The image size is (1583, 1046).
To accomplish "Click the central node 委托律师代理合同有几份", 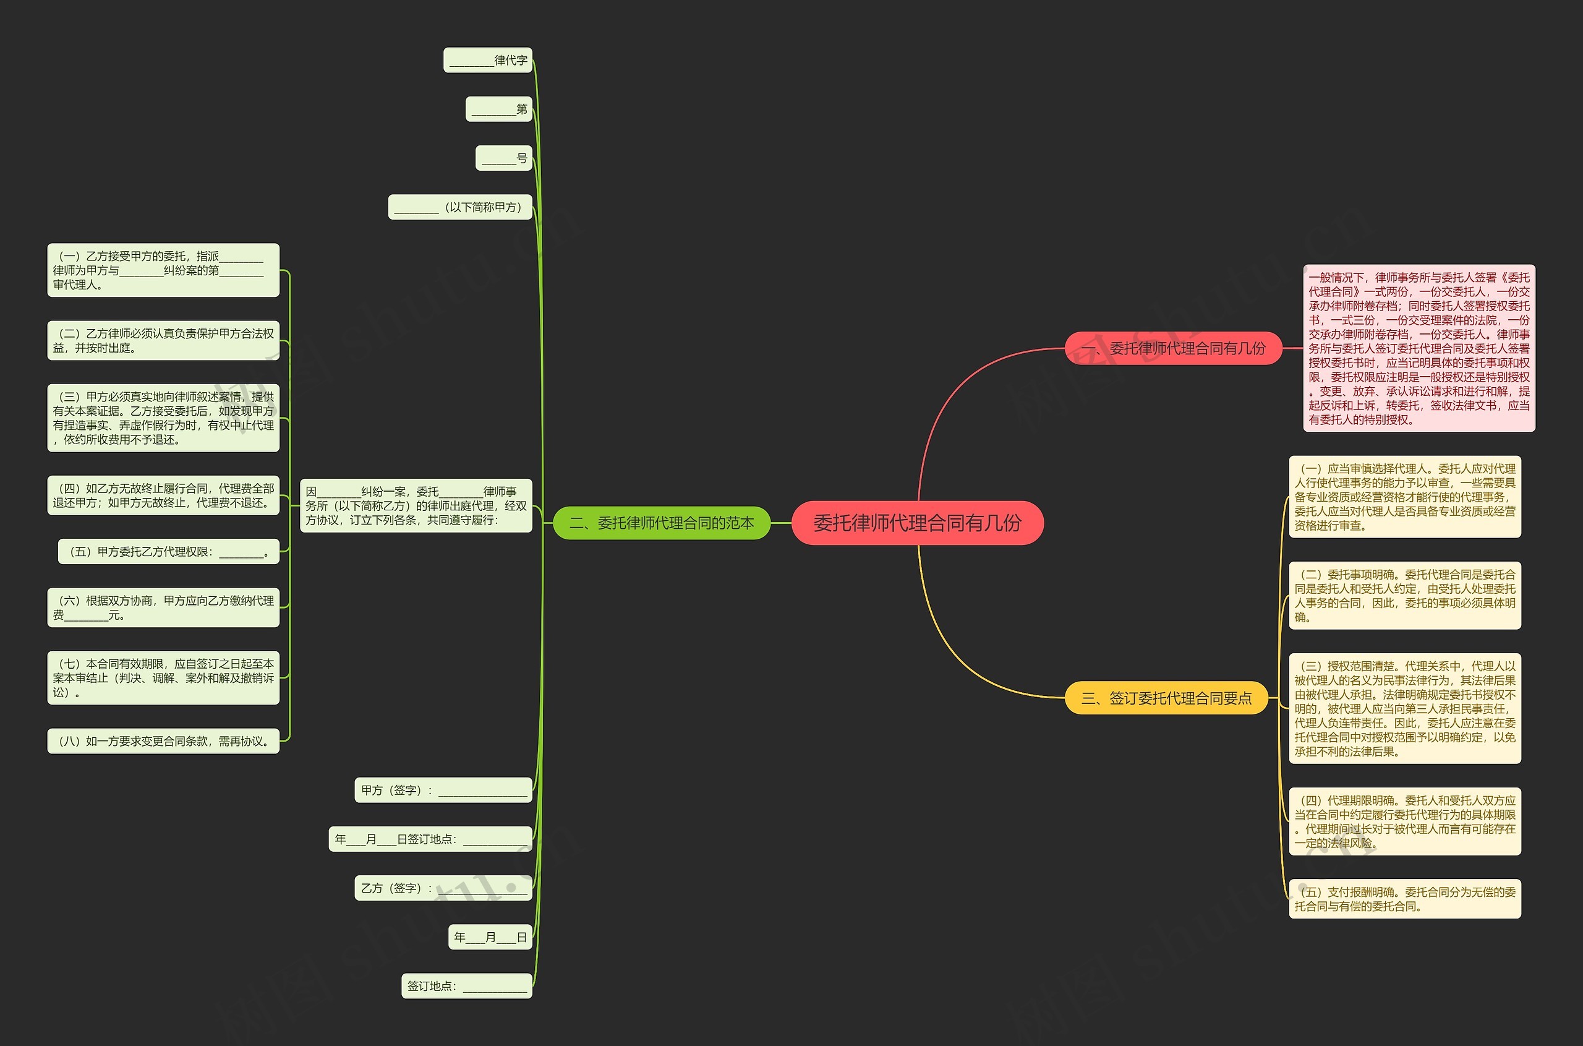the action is pos(917,523).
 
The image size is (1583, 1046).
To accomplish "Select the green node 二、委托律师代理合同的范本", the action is pos(662,523).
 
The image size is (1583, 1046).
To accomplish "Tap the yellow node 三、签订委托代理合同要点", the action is pos(1166,698).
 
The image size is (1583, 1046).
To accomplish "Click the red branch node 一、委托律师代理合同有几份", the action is pos(1173,348).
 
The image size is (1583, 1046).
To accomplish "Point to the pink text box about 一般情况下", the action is pos(1419,348).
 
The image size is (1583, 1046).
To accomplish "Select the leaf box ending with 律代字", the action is pos(487,60).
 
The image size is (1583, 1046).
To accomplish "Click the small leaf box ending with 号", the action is pos(503,158).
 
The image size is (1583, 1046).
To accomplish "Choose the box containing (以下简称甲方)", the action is pos(460,207).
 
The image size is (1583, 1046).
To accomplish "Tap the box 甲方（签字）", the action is pos(443,790).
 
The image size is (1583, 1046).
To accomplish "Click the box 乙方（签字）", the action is pos(443,888).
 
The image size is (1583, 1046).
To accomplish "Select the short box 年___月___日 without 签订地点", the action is pos(490,937).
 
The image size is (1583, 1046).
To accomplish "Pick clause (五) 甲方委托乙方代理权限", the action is pos(168,552).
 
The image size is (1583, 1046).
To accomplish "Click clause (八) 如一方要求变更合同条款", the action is pos(163,740).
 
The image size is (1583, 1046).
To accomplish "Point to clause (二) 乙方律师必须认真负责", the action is pos(163,340).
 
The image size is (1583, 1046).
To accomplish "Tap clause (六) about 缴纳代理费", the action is pos(163,607).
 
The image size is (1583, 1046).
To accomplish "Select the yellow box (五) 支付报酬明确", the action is pos(1404,899).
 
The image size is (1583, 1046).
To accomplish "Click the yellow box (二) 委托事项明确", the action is pos(1404,595).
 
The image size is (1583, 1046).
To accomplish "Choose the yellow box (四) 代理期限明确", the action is pos(1404,821).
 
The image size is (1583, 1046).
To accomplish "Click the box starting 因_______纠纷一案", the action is pos(416,505).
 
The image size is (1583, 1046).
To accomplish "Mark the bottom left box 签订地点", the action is pos(466,985).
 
